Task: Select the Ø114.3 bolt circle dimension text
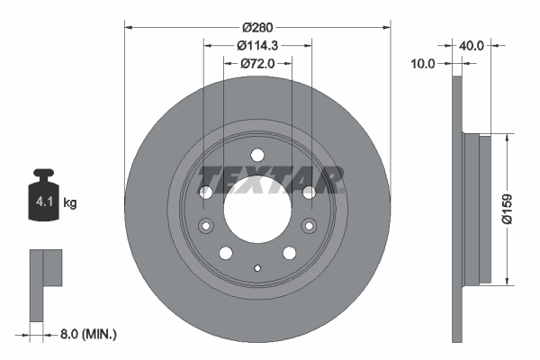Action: [x=257, y=46]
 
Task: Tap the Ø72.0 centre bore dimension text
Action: [x=257, y=64]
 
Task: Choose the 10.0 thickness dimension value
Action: [x=422, y=64]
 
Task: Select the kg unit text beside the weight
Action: [x=70, y=203]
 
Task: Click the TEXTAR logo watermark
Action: [x=271, y=178]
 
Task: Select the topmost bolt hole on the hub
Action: [x=257, y=154]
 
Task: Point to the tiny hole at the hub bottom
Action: [x=257, y=268]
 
